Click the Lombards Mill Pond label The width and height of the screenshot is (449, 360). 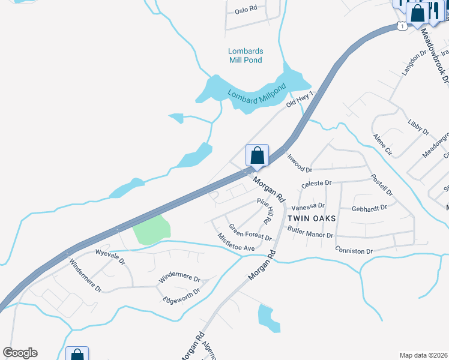(x=246, y=55)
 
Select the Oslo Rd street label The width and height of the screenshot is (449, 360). (x=246, y=10)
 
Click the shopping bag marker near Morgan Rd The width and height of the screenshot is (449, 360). (x=257, y=156)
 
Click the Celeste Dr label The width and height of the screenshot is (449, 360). (x=317, y=183)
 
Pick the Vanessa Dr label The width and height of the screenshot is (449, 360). (x=310, y=206)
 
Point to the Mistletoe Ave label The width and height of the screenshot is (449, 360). (x=236, y=243)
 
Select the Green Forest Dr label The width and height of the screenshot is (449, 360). (x=250, y=232)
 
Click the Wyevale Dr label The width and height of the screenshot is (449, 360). (x=110, y=257)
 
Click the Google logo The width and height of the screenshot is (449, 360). (x=20, y=353)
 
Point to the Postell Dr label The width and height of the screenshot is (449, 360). (x=382, y=185)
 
